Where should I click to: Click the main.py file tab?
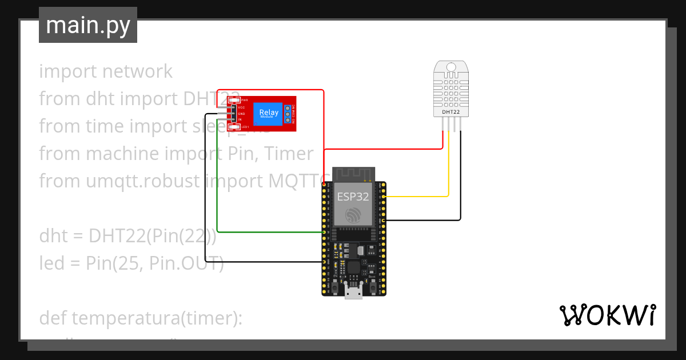coord(87,25)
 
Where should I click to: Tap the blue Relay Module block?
coord(269,114)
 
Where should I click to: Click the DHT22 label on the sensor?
coord(450,113)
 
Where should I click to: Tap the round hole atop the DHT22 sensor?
coord(450,67)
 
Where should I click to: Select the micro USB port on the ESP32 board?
coord(353,293)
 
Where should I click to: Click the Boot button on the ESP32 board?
coord(372,285)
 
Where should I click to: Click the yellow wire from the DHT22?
coord(449,171)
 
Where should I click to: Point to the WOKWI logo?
coord(607,315)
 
